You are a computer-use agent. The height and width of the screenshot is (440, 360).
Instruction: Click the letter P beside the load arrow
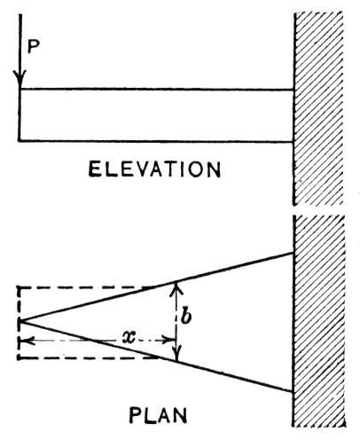(34, 47)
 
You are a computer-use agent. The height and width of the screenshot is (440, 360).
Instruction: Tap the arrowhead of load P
(20, 79)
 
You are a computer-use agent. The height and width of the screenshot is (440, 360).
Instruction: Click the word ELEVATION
(154, 169)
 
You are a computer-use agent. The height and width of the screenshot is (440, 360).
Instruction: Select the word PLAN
(158, 415)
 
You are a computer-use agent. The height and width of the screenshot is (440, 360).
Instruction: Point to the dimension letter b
(186, 317)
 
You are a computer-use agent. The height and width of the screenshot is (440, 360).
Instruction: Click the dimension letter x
(129, 336)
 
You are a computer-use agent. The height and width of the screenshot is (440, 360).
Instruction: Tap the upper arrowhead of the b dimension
(176, 288)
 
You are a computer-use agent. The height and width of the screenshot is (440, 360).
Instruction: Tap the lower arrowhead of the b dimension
(176, 355)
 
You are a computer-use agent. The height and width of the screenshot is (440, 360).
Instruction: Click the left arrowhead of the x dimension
(27, 341)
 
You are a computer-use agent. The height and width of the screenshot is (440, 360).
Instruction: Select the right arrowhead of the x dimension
(169, 341)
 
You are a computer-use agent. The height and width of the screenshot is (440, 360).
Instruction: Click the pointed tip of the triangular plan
(20, 321)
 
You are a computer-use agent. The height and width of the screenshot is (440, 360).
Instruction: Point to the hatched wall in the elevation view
(318, 108)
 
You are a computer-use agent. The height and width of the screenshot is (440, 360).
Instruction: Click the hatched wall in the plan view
(318, 321)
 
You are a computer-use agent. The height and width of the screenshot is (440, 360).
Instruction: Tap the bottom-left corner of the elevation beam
(20, 140)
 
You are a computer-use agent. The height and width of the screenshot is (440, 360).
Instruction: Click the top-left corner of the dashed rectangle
(20, 287)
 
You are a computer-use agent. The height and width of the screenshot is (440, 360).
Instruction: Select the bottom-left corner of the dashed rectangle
(20, 357)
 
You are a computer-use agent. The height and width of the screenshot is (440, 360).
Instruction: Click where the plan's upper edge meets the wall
(293, 253)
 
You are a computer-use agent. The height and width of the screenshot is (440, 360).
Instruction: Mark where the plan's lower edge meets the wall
(293, 391)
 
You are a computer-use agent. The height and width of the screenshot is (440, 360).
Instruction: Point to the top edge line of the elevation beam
(156, 89)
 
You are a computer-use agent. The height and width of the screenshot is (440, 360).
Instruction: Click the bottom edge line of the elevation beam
(156, 141)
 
